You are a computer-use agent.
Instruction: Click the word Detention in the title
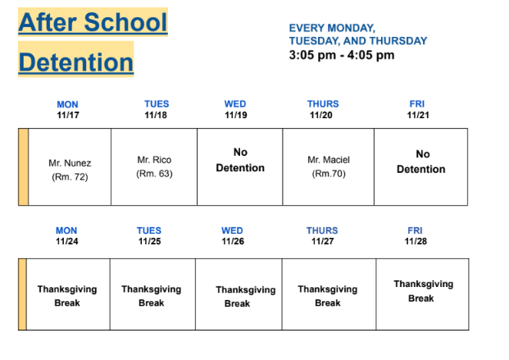pos(75,62)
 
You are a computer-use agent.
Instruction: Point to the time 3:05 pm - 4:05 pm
pos(342,56)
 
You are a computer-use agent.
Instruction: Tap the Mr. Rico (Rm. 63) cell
pos(154,166)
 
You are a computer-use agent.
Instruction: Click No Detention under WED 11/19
pos(240,160)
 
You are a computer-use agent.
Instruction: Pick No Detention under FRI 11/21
pos(420,161)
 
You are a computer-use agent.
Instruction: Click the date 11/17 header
pos(67,116)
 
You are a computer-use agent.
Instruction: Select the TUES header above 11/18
pos(156,105)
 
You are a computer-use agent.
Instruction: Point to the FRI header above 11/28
pos(415,231)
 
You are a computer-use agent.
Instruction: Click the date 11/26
pos(232,242)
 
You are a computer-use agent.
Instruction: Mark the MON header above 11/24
pos(66,231)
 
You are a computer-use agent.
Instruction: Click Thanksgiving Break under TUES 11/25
pos(151,295)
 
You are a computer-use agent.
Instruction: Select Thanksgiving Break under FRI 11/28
pos(423,291)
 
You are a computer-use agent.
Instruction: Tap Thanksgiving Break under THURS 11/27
pos(327,295)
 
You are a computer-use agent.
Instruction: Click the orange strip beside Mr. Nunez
pos(23,166)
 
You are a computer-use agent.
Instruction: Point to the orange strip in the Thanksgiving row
pos(22,294)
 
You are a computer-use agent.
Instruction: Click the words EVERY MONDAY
pos(332,29)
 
